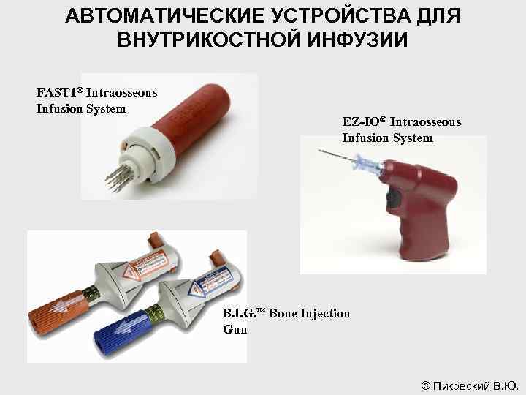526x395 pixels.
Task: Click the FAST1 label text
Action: tap(58, 94)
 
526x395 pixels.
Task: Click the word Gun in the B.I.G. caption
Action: tap(235, 329)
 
